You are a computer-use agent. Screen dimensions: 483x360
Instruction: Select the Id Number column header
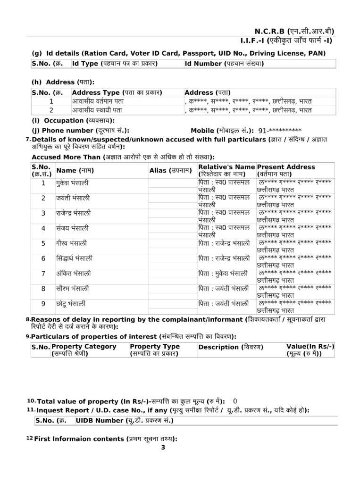pos(224,63)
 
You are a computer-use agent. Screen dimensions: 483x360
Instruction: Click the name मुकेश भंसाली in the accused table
pos(72,183)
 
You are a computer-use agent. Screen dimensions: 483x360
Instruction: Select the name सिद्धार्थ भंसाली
pos(74,258)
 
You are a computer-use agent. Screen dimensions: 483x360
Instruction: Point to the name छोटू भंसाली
pos(70,303)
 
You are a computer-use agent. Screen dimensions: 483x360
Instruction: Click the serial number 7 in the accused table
pos(43,274)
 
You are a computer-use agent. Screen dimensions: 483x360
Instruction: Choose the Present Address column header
pos(286,170)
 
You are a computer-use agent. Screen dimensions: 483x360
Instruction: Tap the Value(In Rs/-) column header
pos(310,350)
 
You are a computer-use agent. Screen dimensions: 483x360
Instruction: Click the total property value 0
pos(235,401)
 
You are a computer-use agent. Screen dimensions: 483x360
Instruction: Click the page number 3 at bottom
pos(163,448)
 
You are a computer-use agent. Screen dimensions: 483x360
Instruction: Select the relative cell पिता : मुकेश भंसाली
pos(223,274)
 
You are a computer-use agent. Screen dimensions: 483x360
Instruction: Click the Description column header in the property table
pos(230,347)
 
